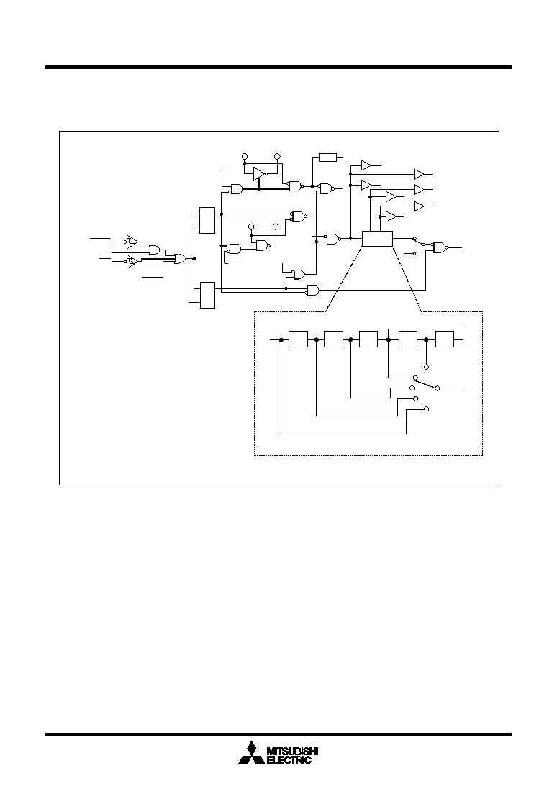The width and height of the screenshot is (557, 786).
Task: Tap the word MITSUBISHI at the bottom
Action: coord(292,751)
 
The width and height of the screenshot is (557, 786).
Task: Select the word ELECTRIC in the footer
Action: coord(289,760)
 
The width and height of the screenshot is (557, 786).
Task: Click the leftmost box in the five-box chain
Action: coord(298,339)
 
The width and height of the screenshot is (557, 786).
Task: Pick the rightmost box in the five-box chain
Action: coord(445,339)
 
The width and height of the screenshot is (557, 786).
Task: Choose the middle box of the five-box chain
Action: coord(368,339)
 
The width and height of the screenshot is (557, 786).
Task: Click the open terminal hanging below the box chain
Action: coord(426,367)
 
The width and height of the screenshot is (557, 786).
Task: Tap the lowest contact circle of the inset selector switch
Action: coord(426,409)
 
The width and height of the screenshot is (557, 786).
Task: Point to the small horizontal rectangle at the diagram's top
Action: coord(328,157)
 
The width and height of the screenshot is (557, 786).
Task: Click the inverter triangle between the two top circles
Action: coord(259,173)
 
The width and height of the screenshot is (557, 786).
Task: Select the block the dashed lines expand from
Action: coord(377,239)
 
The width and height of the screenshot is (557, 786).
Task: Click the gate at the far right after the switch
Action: coord(440,247)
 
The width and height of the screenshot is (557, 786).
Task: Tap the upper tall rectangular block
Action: coord(207,220)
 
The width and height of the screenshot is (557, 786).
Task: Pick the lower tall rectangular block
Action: coord(207,296)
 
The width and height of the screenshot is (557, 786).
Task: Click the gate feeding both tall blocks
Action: coord(180,259)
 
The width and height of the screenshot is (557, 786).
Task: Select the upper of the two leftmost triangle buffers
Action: coord(132,241)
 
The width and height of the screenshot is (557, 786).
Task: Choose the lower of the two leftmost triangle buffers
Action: coord(132,262)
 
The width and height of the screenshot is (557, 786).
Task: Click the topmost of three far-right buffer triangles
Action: coord(419,174)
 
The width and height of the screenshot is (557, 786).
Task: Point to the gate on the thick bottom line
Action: coord(313,290)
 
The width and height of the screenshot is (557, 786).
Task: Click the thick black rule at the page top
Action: coord(278,67)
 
